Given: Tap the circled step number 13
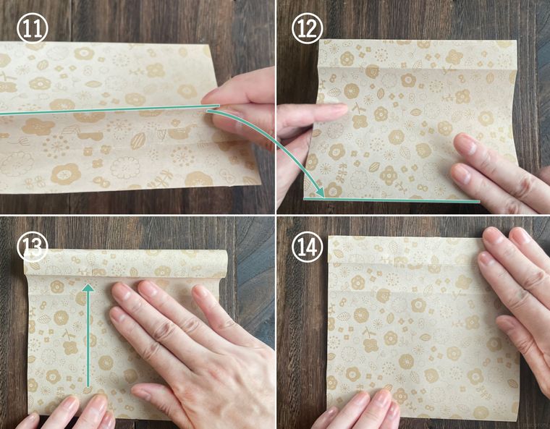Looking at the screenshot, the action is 32,247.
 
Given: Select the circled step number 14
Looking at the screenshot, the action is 308,247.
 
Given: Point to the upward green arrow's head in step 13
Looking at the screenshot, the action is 88,288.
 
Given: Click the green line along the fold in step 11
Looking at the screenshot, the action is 109,109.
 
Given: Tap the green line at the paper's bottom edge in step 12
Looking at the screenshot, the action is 392,200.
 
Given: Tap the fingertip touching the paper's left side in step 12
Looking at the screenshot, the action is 337,109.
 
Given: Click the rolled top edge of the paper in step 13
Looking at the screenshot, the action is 126,263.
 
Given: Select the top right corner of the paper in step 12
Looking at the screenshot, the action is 516,41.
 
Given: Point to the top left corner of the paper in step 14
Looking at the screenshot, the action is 329,236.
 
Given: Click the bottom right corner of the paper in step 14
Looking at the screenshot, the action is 519,410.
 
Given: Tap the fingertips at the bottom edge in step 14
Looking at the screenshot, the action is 368,404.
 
